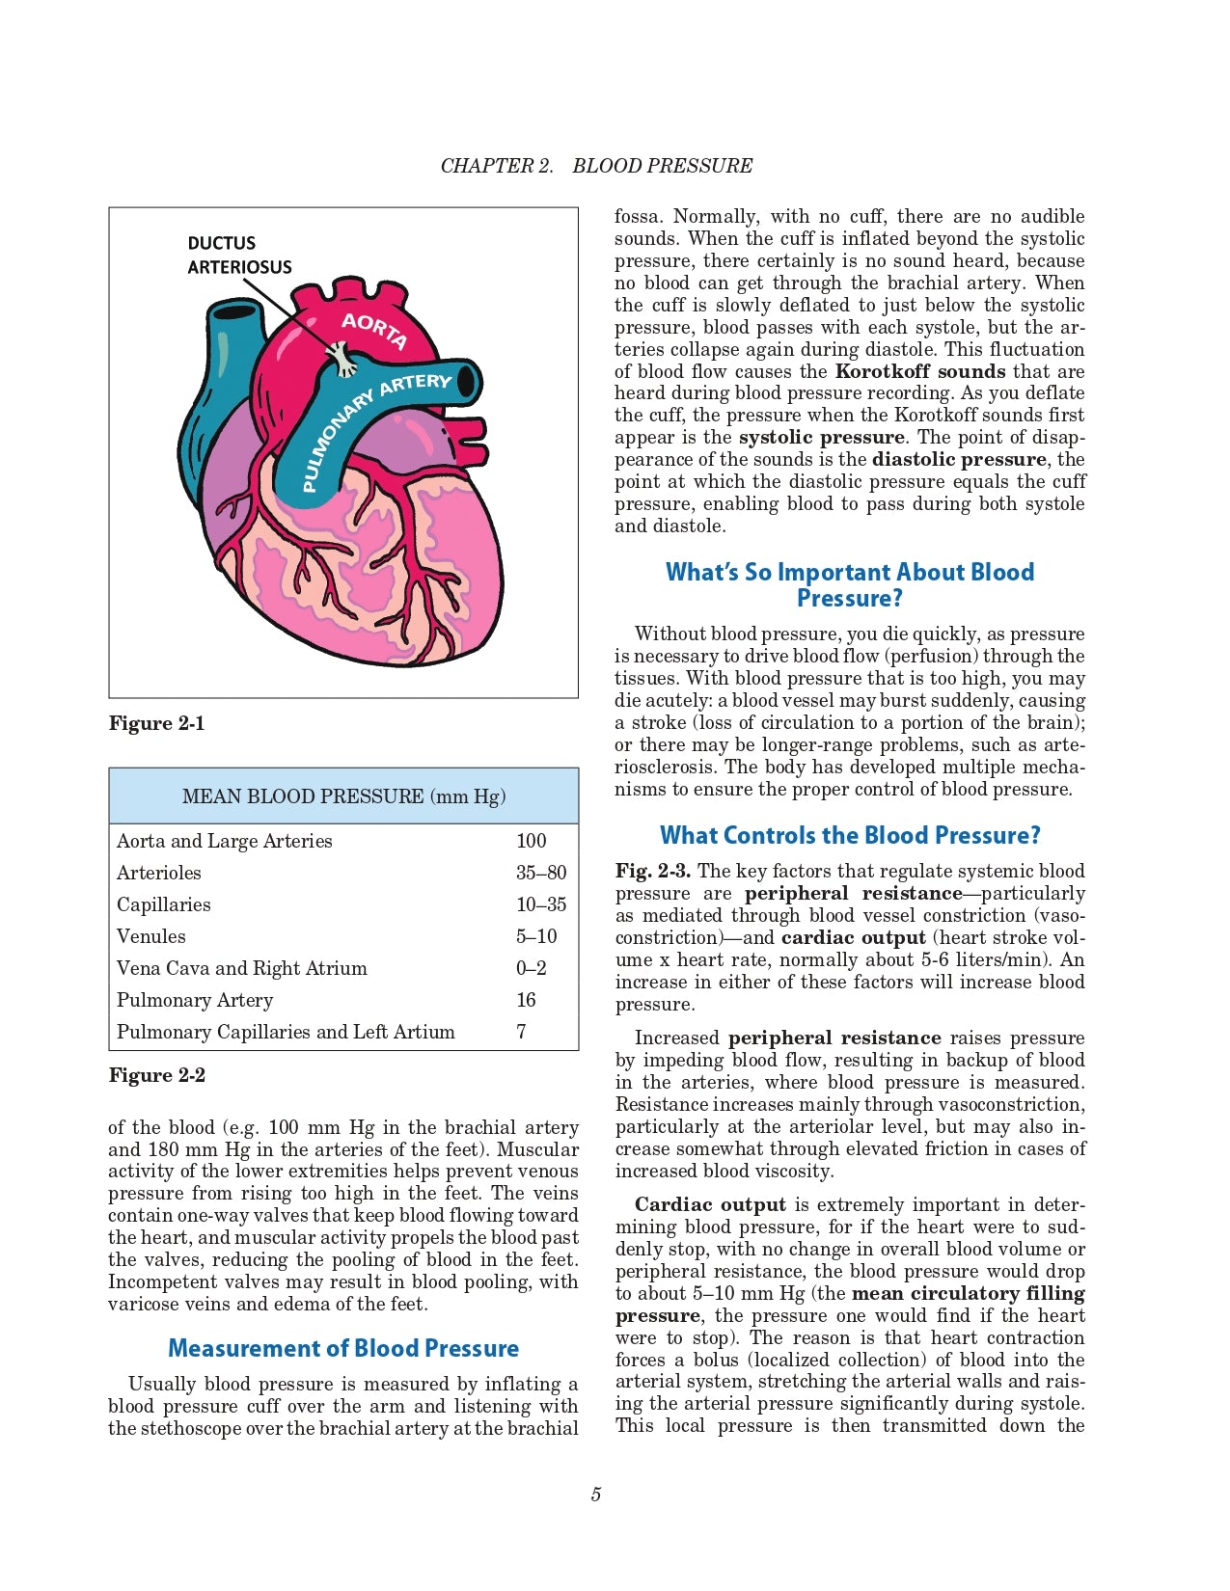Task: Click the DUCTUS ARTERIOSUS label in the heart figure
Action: (239, 255)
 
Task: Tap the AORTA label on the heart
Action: (374, 331)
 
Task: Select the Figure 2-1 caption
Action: (156, 723)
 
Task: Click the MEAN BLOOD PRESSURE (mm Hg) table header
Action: (343, 795)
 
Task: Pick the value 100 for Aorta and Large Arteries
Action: (531, 841)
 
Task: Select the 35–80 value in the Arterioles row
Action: (541, 873)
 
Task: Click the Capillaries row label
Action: (163, 904)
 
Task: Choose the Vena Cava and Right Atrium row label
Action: (241, 968)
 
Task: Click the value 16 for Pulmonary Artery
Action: (526, 1000)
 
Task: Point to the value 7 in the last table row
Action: (521, 1032)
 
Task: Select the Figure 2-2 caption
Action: (156, 1075)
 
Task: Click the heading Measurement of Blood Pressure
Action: (343, 1348)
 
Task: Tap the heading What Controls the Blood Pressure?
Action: (850, 835)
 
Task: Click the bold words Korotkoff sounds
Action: (920, 371)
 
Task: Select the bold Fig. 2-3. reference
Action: (653, 871)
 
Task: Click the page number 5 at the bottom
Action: (596, 1495)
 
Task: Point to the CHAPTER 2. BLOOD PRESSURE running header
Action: (596, 166)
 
